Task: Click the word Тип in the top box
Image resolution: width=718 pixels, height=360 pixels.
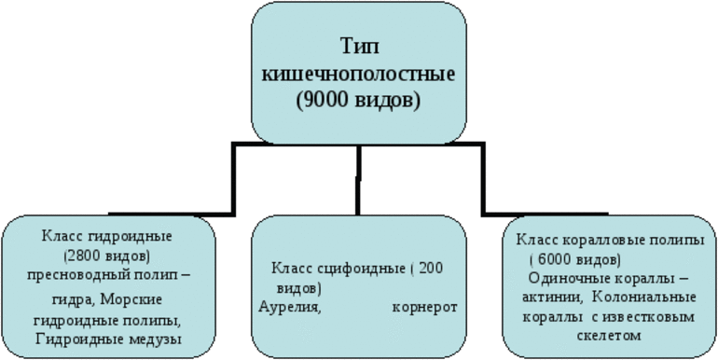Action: click(358, 47)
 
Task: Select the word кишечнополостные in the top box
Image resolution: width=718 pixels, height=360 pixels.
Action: click(358, 74)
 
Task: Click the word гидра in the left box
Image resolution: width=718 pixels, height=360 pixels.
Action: click(74, 299)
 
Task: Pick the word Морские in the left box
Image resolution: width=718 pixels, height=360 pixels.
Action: click(137, 299)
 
